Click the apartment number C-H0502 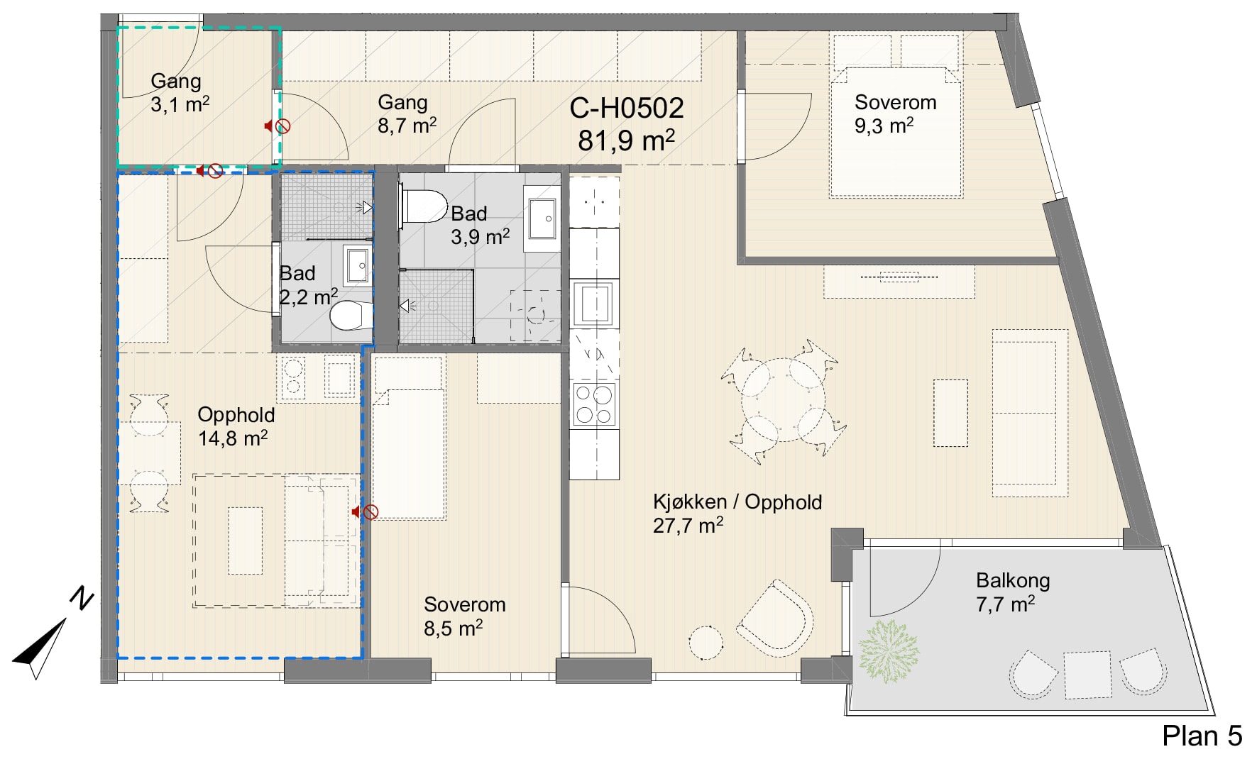[627, 108]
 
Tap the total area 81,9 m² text [626, 140]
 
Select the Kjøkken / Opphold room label [737, 502]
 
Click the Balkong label [1013, 580]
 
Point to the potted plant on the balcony [888, 651]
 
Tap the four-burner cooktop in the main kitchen [594, 404]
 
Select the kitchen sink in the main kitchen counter [593, 303]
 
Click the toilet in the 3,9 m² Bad [424, 205]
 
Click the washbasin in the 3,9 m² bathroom [542, 218]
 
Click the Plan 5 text [1202, 736]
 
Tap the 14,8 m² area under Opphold [233, 438]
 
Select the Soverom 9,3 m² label [895, 113]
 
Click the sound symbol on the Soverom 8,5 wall [366, 512]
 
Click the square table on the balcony [1087, 675]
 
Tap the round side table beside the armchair [706, 643]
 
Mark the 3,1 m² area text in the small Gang [180, 105]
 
